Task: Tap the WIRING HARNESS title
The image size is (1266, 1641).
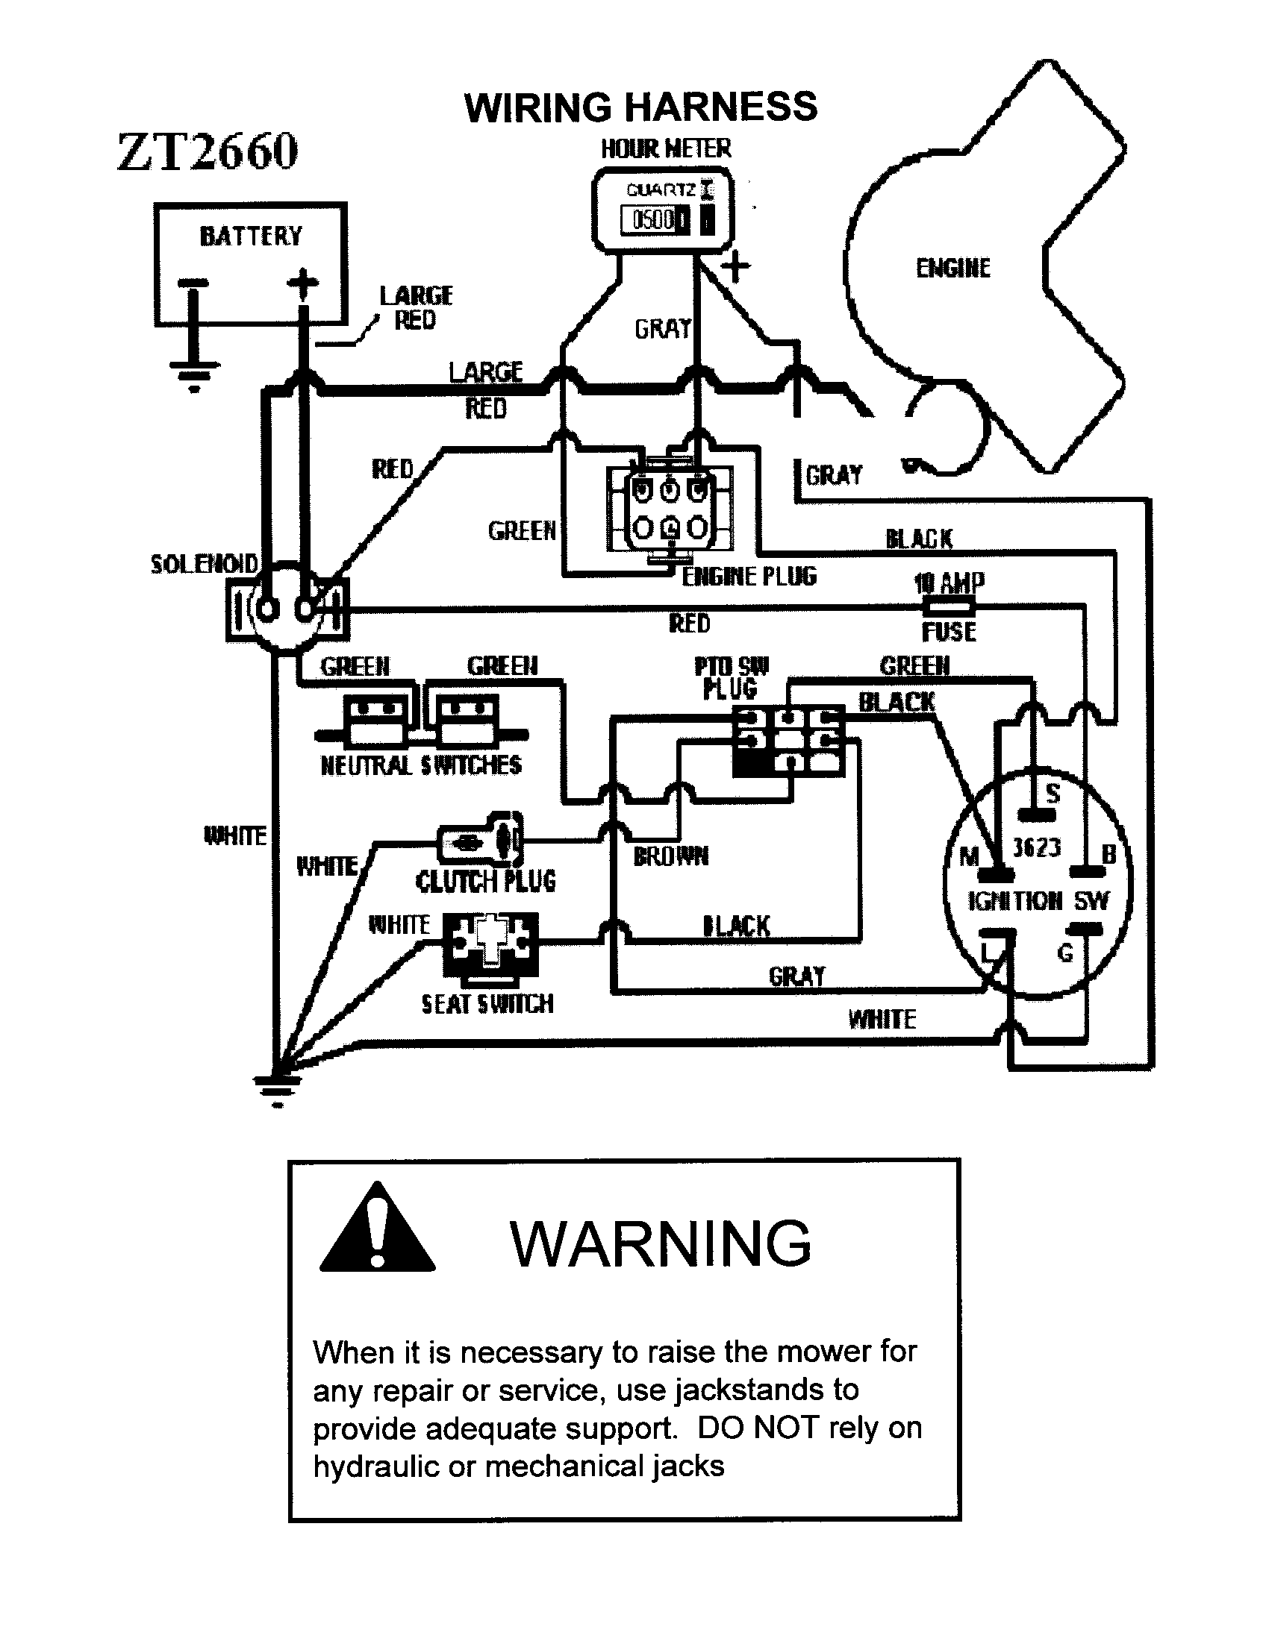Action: coord(640,107)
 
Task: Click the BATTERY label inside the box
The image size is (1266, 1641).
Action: coord(250,236)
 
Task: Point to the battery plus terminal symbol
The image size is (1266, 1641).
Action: coord(303,283)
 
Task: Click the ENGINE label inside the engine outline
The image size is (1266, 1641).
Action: coord(952,268)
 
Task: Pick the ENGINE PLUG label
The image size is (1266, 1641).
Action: coord(749,577)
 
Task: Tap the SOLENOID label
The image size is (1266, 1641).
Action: coord(205,563)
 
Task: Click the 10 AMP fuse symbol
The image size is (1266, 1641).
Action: coord(949,606)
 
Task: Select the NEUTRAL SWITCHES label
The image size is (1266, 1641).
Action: coord(420,765)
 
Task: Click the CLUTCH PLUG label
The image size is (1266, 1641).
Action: coord(486,881)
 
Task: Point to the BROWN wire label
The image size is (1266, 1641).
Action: coord(670,856)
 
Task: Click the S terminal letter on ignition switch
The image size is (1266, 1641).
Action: coord(1053,794)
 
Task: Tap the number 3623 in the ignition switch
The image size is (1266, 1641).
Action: coord(1037,847)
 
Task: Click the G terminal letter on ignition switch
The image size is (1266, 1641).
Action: coord(1064,953)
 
